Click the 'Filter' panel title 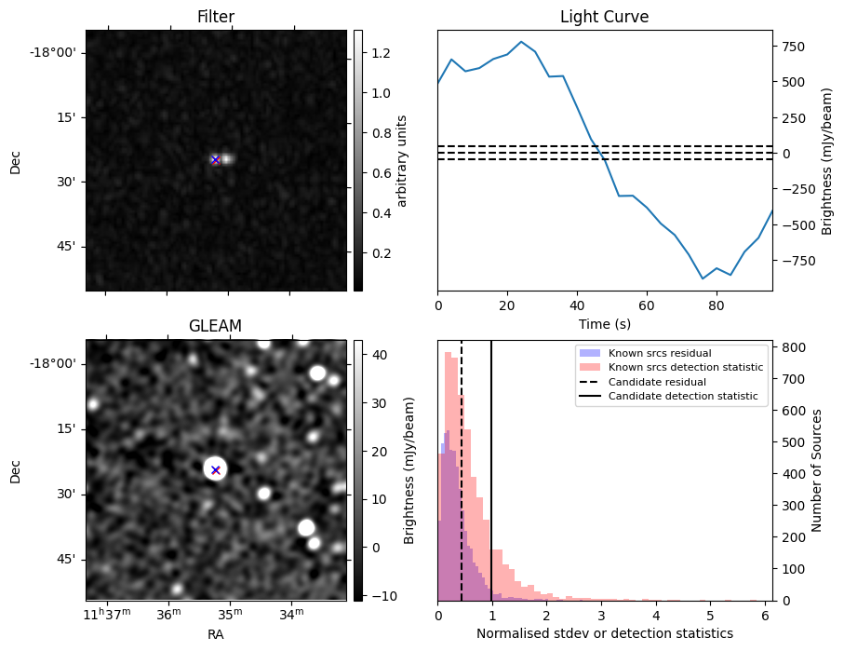[x=216, y=17]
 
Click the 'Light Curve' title [x=604, y=17]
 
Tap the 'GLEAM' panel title [x=215, y=326]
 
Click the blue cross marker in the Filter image [x=215, y=159]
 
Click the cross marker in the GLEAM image [x=215, y=469]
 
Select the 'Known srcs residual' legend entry [x=659, y=354]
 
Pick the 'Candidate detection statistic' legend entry [x=682, y=397]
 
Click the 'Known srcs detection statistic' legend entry [x=685, y=368]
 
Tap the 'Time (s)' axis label [x=604, y=323]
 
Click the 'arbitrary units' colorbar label [x=402, y=160]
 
